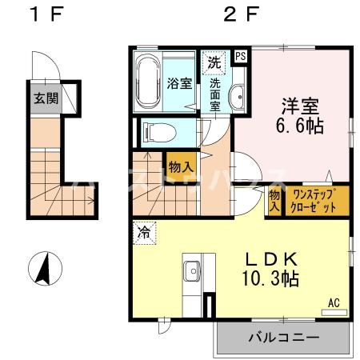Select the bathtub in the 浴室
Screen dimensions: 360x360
(x=150, y=82)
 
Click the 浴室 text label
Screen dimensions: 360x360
(x=179, y=83)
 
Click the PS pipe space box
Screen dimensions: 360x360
(x=241, y=57)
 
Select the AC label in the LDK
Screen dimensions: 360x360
(x=334, y=302)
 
